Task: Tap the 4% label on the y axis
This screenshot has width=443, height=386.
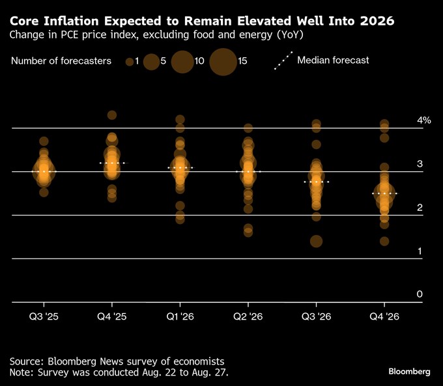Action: (x=424, y=120)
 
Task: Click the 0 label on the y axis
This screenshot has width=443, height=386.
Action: (x=420, y=294)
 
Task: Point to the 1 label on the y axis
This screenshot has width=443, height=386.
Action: (x=420, y=251)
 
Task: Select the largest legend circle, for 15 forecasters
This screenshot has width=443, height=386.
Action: (x=223, y=62)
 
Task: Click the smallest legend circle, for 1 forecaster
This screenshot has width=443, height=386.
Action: (x=130, y=61)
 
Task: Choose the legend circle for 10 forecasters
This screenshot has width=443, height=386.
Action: (x=182, y=62)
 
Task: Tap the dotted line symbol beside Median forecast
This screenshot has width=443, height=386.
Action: (x=283, y=61)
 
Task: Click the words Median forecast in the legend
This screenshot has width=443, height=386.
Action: (x=333, y=61)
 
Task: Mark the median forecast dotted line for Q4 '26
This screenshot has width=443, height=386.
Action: (x=384, y=194)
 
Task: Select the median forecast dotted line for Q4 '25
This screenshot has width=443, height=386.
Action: (x=112, y=163)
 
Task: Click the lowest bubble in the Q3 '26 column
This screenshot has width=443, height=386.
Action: (x=316, y=241)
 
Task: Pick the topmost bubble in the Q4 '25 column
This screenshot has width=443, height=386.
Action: (x=112, y=115)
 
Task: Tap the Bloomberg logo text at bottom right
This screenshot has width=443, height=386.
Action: (x=409, y=371)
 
